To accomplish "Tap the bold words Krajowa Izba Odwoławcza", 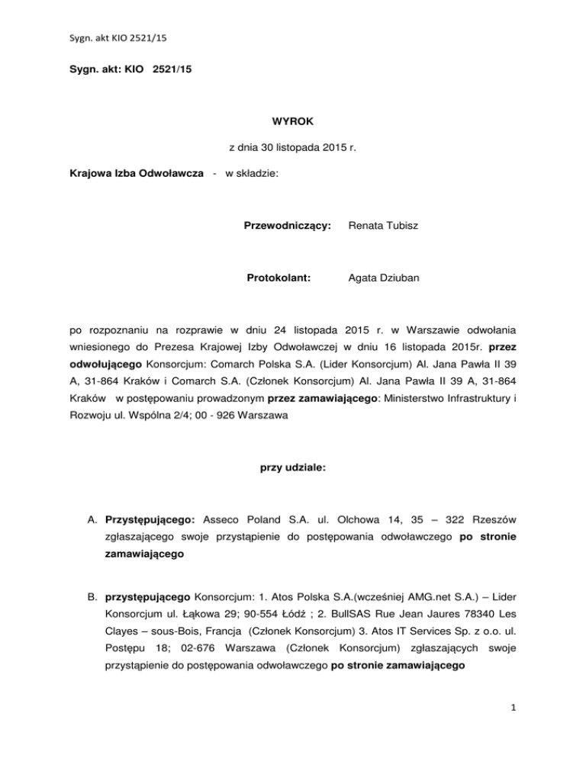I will click(x=136, y=174).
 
